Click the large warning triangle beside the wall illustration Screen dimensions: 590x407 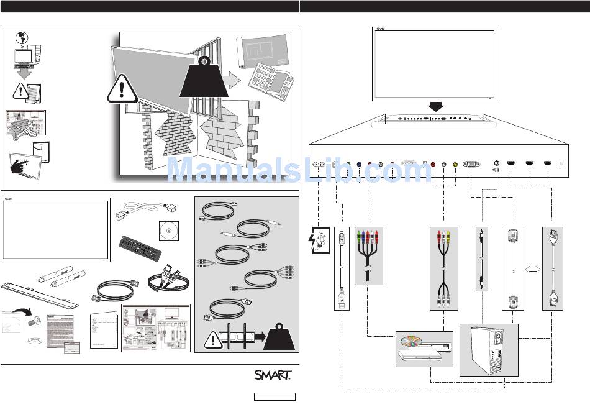pyautogui.click(x=122, y=91)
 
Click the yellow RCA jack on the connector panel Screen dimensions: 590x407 pyautogui.click(x=456, y=164)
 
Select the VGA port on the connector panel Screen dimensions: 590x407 pyautogui.click(x=471, y=164)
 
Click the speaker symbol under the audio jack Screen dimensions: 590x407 pyautogui.click(x=496, y=170)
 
